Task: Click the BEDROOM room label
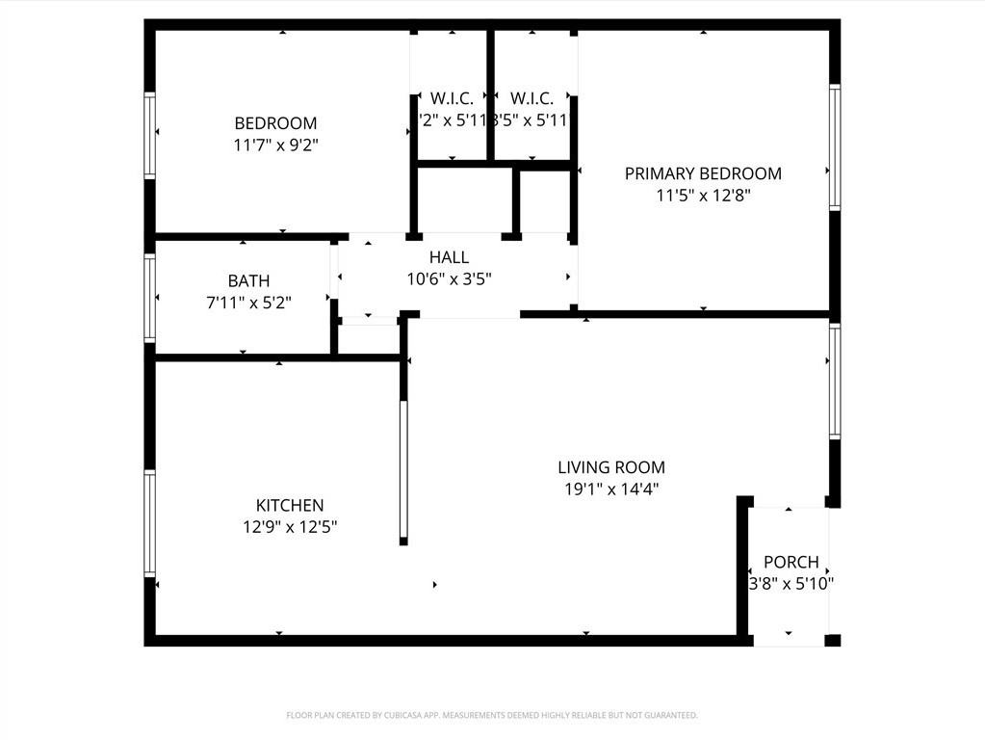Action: tap(275, 123)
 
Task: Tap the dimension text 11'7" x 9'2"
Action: tap(275, 145)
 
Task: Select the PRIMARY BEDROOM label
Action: tap(703, 173)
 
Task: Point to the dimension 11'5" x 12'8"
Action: tap(703, 196)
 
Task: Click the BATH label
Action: tap(248, 281)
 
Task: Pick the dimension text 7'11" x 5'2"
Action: tap(248, 303)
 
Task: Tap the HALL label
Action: tap(449, 257)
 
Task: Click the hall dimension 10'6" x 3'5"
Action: tap(449, 278)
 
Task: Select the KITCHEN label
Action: tap(289, 506)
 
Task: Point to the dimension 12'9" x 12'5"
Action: tap(289, 527)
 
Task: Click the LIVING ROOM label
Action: tap(611, 467)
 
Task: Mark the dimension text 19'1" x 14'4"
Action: tap(611, 489)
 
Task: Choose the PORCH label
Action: tap(791, 562)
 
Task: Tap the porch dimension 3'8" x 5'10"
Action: tap(791, 583)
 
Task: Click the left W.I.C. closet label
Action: tap(452, 98)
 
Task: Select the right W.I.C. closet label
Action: tap(531, 98)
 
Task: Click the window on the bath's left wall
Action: tap(150, 297)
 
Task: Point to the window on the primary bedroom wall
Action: tap(835, 146)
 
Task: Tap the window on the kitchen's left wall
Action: tap(150, 522)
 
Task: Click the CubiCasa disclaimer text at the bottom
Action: tap(492, 715)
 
